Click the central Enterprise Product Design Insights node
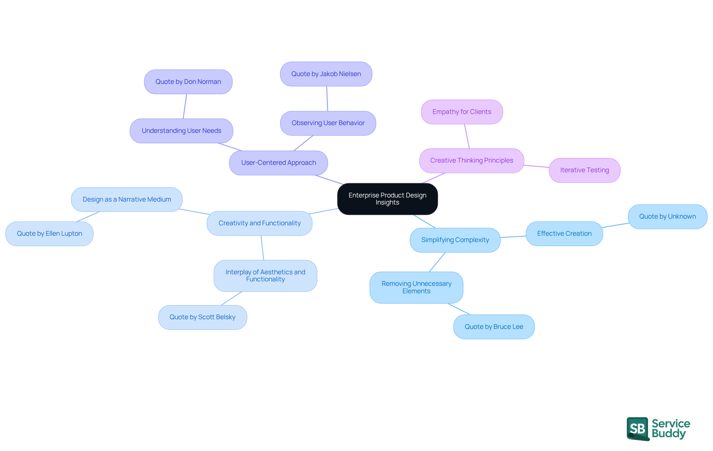pyautogui.click(x=387, y=199)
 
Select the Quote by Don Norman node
pyautogui.click(x=188, y=82)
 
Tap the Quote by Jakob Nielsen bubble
pyautogui.click(x=326, y=74)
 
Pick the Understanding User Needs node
pyautogui.click(x=181, y=131)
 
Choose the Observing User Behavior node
pyautogui.click(x=328, y=123)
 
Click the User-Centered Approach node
pyautogui.click(x=279, y=163)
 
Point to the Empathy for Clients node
pyautogui.click(x=462, y=112)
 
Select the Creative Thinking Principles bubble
pyautogui.click(x=472, y=160)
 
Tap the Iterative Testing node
pyautogui.click(x=585, y=170)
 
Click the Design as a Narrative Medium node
pyautogui.click(x=127, y=199)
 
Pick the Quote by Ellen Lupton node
pyautogui.click(x=49, y=233)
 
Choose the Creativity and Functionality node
pyautogui.click(x=260, y=223)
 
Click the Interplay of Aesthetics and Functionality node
pyautogui.click(x=265, y=275)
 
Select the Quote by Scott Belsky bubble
pyautogui.click(x=202, y=317)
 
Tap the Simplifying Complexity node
pyautogui.click(x=455, y=240)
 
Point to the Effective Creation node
pyautogui.click(x=564, y=233)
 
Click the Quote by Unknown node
pyautogui.click(x=667, y=216)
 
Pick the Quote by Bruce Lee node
pyautogui.click(x=494, y=327)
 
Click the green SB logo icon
pyautogui.click(x=638, y=428)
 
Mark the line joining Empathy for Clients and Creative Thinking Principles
pyautogui.click(x=467, y=136)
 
